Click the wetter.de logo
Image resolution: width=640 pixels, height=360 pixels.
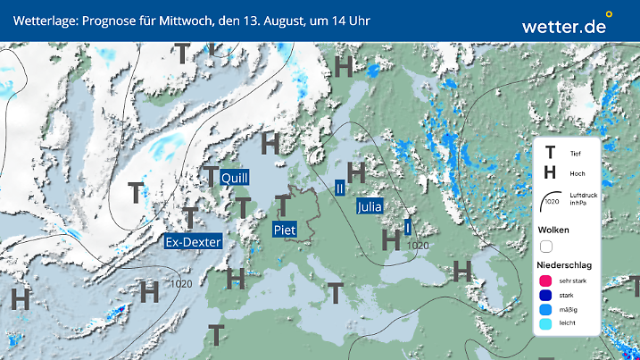(564, 26)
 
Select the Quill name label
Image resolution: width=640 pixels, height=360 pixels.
(234, 177)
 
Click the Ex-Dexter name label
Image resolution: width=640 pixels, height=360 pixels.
(193, 241)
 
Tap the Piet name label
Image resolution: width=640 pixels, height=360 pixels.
(284, 230)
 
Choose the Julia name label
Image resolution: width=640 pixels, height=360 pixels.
(370, 206)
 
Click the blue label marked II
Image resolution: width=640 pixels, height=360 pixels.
(340, 188)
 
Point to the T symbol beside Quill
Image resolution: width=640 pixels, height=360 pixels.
(211, 175)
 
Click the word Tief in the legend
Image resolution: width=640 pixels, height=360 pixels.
(575, 154)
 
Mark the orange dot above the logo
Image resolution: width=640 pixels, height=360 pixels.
(609, 14)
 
